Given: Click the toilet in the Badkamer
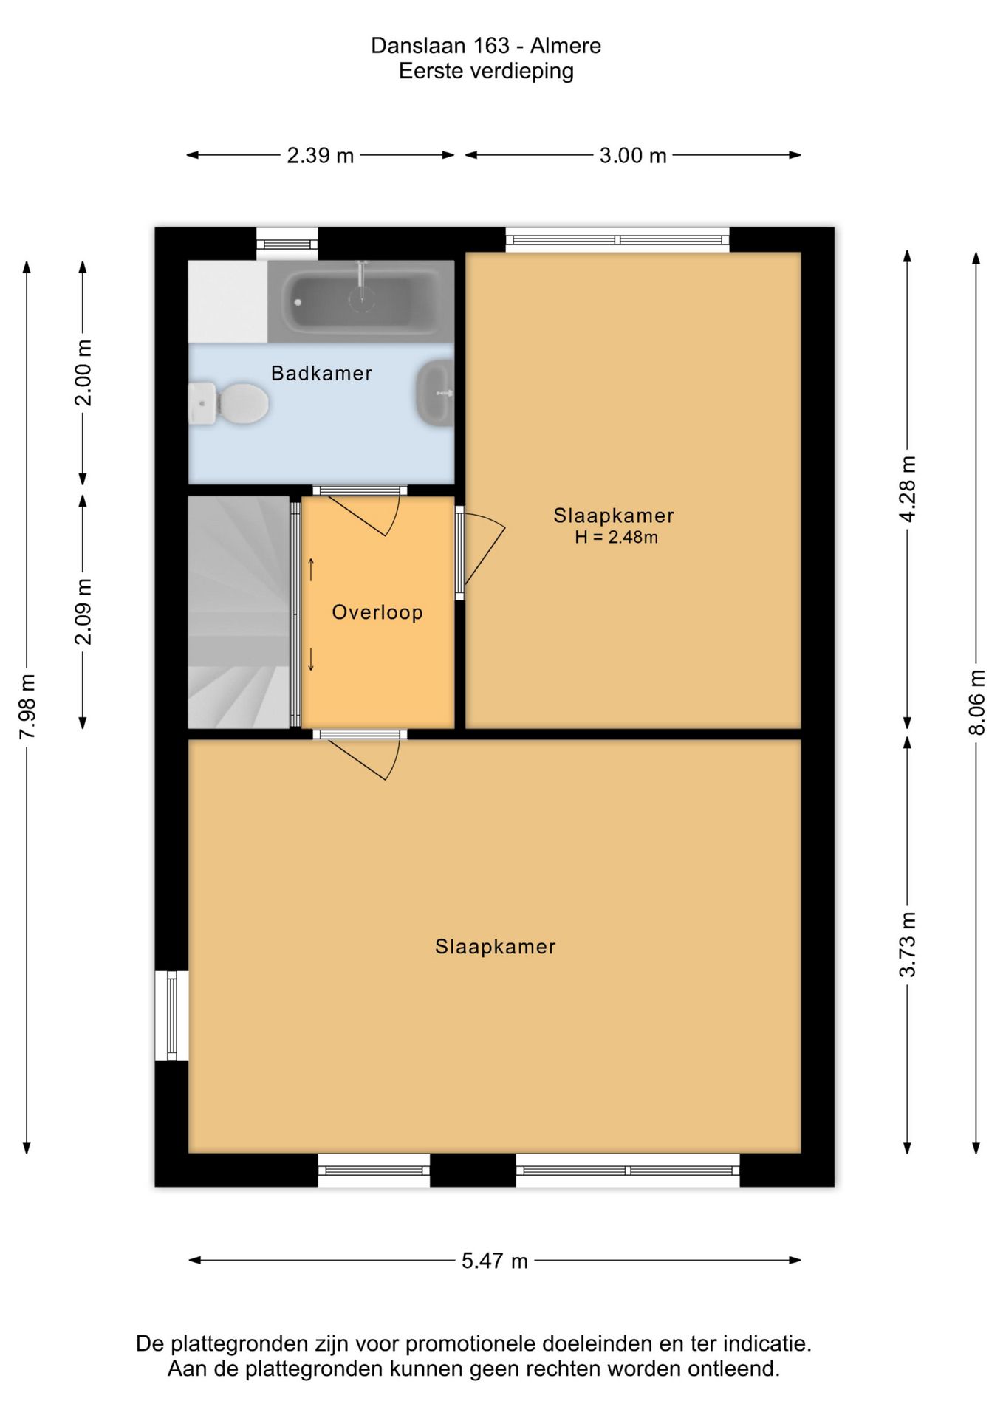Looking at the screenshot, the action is pos(228,403).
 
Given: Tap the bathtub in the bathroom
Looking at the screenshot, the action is pos(360,301).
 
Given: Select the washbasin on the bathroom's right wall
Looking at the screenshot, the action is pos(436,393).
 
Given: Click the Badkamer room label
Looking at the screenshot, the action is pos(321,374).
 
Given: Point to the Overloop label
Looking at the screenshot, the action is pos(377,612).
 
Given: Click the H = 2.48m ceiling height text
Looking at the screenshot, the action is pos(616,538).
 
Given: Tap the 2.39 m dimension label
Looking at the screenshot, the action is pos(321,156).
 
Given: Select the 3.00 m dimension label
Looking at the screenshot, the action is pos(633,156).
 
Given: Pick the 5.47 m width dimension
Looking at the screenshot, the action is pos(495,1261).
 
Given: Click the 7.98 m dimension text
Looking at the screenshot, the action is pos(27,706).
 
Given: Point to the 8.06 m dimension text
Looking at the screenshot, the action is pos(976,702).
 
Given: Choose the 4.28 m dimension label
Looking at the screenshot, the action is pos(908,489).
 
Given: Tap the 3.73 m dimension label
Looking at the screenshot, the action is pos(908,945).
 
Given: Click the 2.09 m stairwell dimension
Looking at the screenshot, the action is pos(83,612).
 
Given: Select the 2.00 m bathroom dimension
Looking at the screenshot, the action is pos(83,373).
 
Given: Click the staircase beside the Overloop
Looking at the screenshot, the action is pos(239,612).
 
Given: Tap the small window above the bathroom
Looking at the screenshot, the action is pos(287,244).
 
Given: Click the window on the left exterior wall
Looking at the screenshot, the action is pos(171,1015).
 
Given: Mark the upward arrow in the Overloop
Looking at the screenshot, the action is pos(311,569).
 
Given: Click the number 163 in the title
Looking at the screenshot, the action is pos(491,46).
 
